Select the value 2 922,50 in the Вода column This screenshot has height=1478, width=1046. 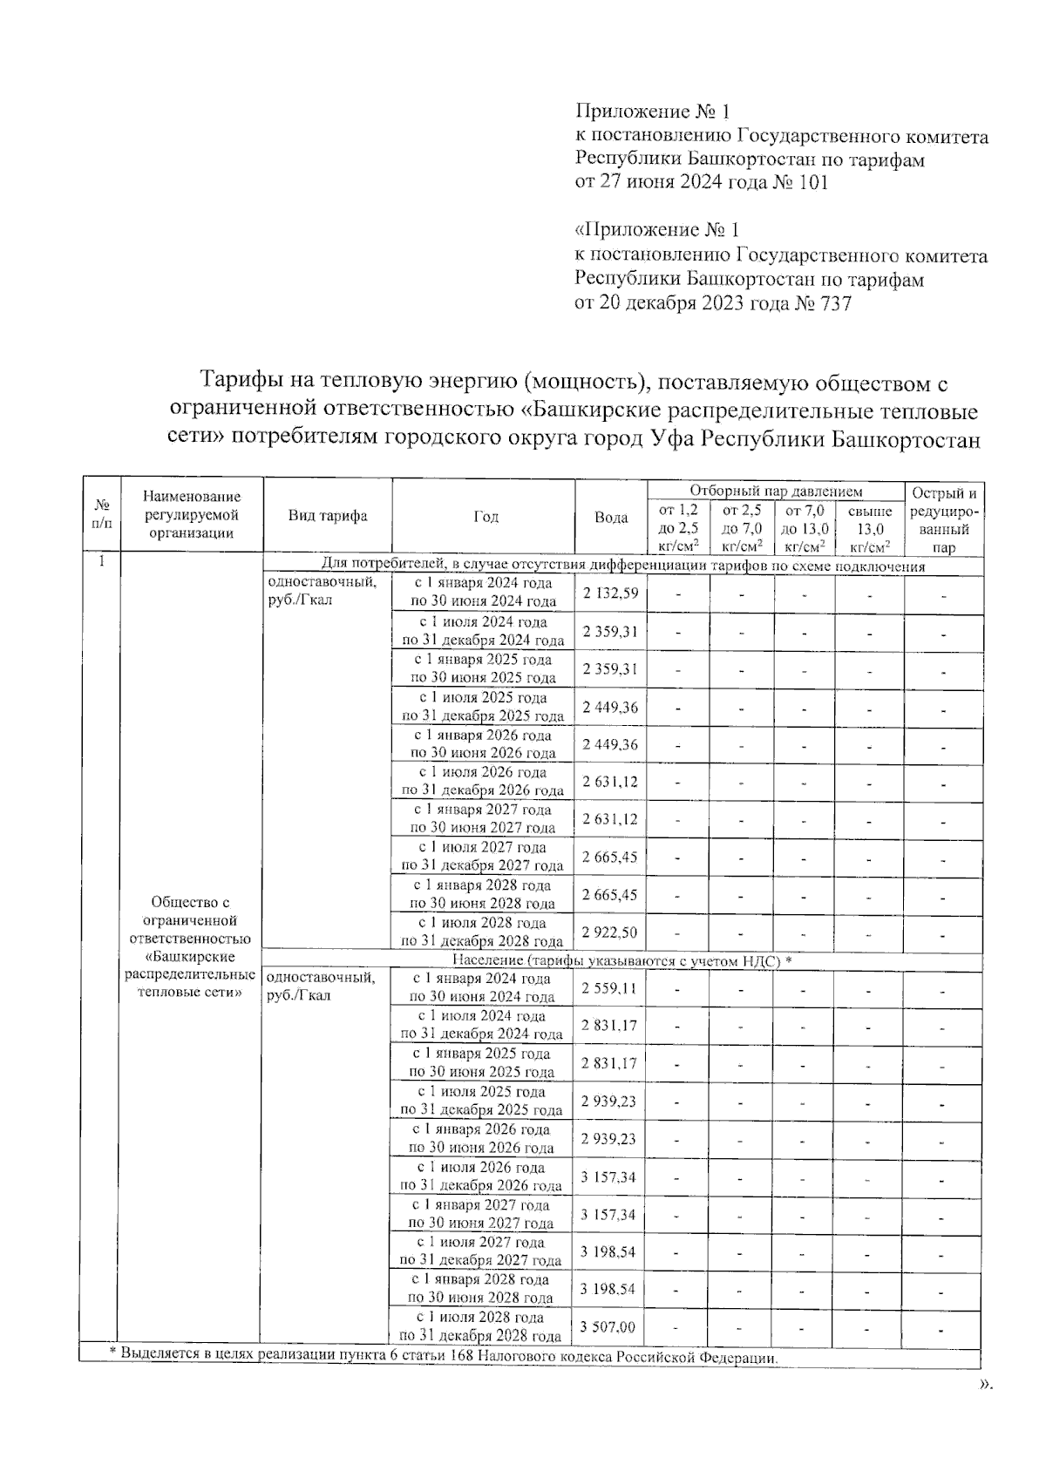[609, 932]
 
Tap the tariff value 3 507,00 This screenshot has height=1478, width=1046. [608, 1327]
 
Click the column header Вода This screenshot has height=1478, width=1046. [611, 518]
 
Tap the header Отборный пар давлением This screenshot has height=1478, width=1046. [776, 492]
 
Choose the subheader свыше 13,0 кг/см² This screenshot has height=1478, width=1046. [869, 529]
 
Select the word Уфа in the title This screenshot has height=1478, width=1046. [675, 439]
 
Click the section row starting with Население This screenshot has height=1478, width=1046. [621, 960]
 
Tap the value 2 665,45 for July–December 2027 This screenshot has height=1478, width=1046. [609, 857]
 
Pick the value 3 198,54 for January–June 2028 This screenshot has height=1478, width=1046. [608, 1289]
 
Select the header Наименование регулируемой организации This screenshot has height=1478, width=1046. [192, 515]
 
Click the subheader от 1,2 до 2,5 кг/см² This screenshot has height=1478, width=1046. [679, 529]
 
